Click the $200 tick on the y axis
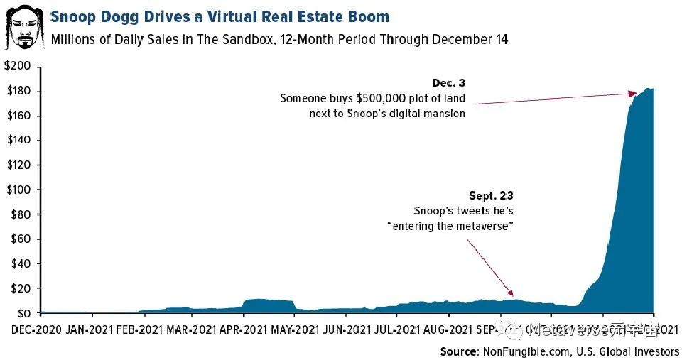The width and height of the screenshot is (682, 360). [x=20, y=66]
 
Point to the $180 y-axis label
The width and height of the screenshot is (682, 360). [x=20, y=91]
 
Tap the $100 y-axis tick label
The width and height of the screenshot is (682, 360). [x=20, y=190]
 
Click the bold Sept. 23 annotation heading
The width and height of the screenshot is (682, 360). [x=491, y=195]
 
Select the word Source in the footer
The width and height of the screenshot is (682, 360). [x=459, y=351]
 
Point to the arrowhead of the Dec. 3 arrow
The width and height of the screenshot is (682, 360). [x=633, y=93]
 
